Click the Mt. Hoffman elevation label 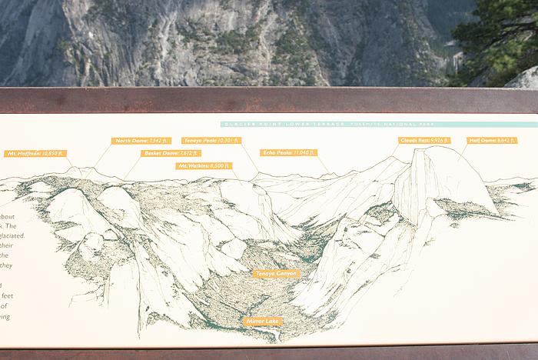(x=35, y=154)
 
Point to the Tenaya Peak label (x=211, y=141)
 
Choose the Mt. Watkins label (x=204, y=165)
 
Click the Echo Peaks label (x=288, y=153)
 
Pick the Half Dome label (x=491, y=141)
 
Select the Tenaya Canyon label (x=276, y=274)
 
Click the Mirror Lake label (x=263, y=321)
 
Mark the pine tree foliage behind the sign (x=500, y=38)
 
